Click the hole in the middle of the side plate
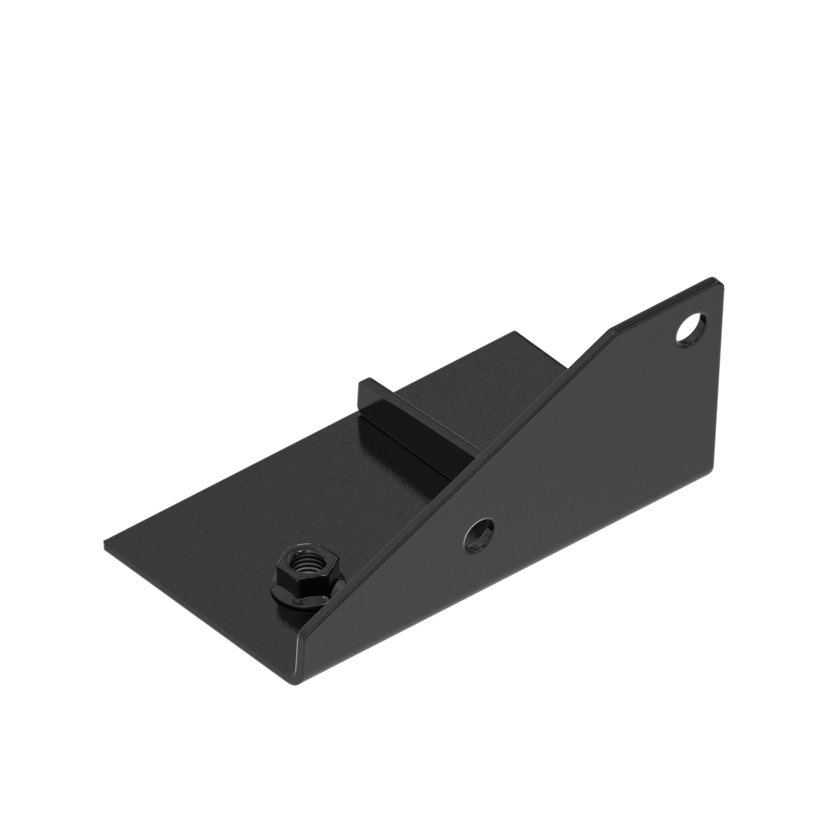pyautogui.click(x=479, y=534)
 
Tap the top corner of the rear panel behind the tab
pyautogui.click(x=515, y=332)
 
